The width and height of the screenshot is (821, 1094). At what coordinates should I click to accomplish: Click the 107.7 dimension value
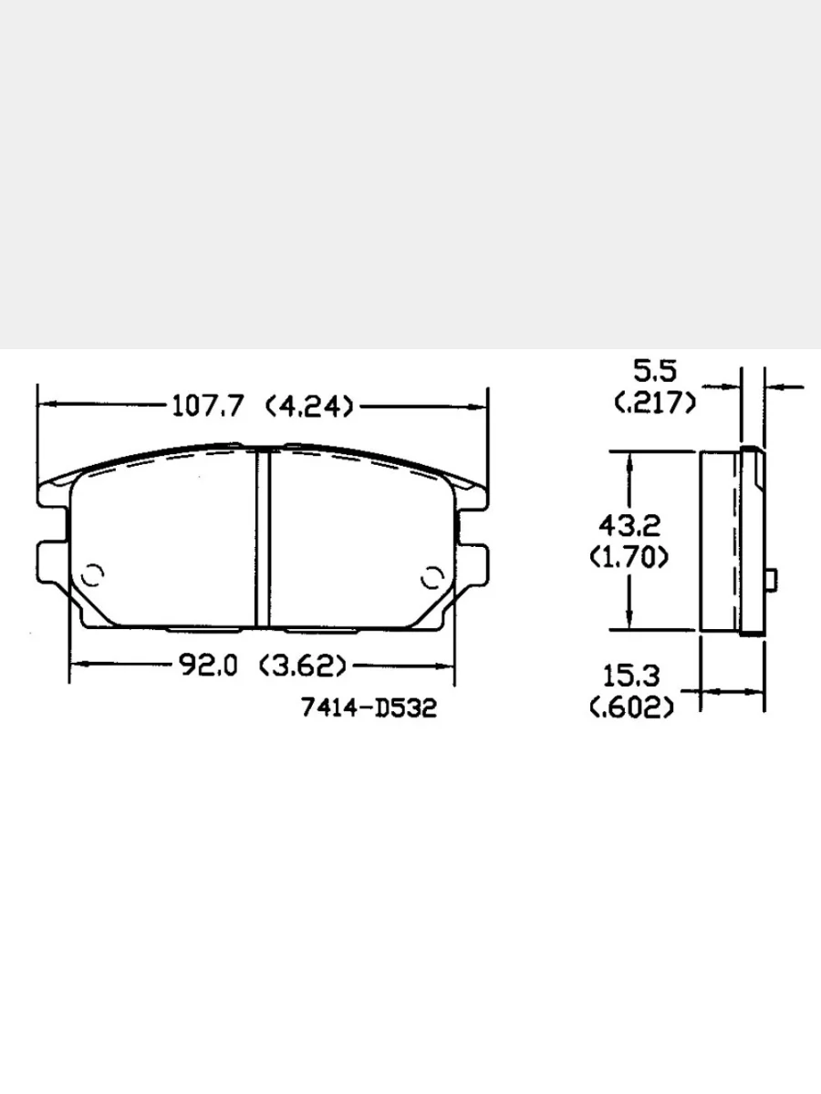209,406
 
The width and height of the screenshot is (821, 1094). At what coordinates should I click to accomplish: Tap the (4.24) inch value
309,406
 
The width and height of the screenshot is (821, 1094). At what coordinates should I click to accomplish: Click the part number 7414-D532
369,707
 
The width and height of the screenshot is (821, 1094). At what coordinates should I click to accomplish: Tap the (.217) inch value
656,401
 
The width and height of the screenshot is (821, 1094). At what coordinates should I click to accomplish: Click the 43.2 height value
629,525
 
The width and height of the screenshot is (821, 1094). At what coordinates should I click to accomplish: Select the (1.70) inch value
629,555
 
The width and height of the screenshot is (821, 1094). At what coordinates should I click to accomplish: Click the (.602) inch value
632,707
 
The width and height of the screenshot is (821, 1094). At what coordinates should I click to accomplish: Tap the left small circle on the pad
92,576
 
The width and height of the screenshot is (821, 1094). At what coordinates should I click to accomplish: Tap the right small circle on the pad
431,577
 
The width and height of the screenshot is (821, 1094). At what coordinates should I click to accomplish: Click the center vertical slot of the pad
263,538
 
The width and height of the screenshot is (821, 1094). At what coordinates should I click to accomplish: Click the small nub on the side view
772,579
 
